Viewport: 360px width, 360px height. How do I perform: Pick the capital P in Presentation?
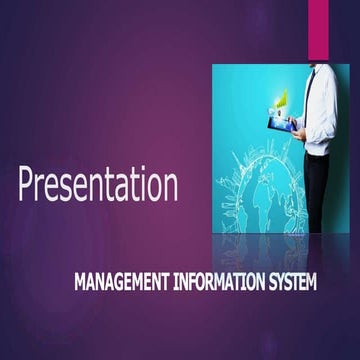(x=27, y=185)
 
